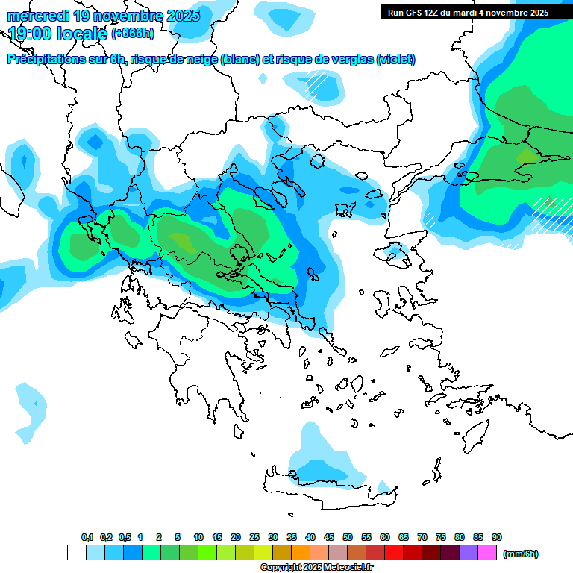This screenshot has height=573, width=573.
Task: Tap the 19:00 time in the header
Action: (x=31, y=34)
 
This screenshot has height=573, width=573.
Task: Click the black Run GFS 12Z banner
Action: (x=468, y=12)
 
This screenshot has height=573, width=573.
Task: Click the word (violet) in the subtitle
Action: (x=395, y=60)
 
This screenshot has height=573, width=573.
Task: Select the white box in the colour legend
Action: (x=76, y=553)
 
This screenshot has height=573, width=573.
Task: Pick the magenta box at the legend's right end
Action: (x=487, y=553)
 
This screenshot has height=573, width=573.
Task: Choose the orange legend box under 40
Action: (x=301, y=553)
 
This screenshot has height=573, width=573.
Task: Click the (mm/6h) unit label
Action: (x=521, y=554)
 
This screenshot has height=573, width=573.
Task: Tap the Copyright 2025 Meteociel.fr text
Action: (x=317, y=568)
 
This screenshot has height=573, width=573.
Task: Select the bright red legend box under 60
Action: (x=394, y=553)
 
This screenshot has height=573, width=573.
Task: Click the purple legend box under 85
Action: (x=469, y=553)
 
